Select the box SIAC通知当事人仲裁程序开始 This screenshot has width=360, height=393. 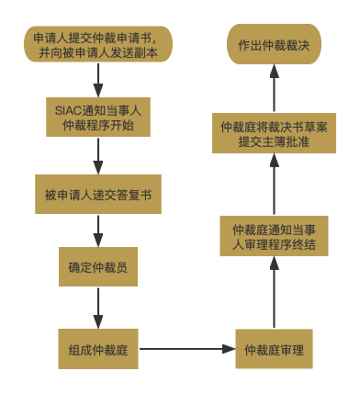point(98,117)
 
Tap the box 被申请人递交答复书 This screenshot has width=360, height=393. point(98,195)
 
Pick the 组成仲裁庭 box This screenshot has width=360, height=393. point(98,349)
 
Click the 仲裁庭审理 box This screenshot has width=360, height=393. point(274,349)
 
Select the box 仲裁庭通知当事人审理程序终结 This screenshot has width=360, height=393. point(274,236)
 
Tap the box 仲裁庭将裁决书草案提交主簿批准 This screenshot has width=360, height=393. point(274,134)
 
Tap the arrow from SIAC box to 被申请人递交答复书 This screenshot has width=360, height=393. point(98,156)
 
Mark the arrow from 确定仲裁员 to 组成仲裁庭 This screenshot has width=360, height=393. point(98,308)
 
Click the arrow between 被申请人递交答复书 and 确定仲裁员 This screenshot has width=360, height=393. point(98,230)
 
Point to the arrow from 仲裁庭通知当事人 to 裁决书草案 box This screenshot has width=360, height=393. point(274,185)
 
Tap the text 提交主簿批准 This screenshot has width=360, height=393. point(274,143)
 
